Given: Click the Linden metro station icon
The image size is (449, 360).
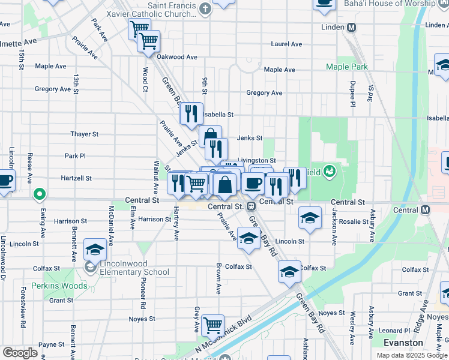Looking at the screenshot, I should tap(352, 28).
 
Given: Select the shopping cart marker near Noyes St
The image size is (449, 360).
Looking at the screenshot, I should tap(212, 325).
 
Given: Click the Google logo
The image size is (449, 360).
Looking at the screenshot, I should tap(20, 353).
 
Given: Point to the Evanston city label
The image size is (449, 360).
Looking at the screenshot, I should tap(403, 343).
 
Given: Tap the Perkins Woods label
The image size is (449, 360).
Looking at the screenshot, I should tap(59, 286).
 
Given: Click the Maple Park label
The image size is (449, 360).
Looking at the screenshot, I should tap(346, 67).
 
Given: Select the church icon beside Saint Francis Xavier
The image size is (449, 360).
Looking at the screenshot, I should tap(206, 8).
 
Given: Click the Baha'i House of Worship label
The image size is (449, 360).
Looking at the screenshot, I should tap(389, 4).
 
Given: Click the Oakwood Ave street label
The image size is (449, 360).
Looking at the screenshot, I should tap(177, 57).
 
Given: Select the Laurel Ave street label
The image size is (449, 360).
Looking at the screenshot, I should tap(286, 44).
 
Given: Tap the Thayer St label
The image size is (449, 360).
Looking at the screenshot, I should tap(84, 134).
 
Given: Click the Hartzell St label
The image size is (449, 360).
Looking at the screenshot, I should tap(76, 178).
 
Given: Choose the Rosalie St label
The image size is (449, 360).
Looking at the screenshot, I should tap(354, 221).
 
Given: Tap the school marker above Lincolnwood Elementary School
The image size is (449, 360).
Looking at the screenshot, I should tap(95, 249).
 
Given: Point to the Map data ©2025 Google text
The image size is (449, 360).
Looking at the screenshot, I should tap(412, 355).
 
